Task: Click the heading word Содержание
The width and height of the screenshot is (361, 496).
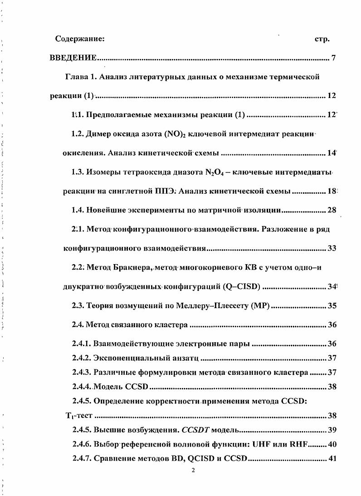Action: [x=80, y=39]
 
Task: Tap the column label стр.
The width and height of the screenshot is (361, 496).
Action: [x=322, y=39]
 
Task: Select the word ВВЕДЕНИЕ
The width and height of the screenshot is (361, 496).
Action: [x=73, y=58]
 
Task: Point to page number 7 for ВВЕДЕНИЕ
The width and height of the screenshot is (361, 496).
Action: [x=333, y=58]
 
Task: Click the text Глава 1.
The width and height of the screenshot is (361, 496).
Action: [x=82, y=77]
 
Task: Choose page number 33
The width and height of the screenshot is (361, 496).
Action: [x=332, y=249]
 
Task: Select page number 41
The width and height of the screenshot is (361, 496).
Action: [x=332, y=458]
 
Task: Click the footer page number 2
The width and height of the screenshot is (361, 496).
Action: [x=193, y=470]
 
